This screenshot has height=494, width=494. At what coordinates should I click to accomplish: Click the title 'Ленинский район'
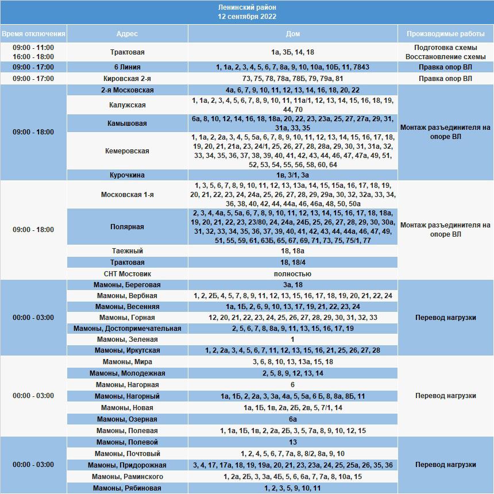point(247,7)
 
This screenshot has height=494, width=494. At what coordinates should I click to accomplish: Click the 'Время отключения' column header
point(33,34)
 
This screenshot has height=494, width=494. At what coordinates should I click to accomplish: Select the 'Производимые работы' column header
point(445,34)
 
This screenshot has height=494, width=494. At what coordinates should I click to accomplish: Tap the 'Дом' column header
point(292,34)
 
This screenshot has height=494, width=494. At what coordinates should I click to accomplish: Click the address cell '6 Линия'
point(127,67)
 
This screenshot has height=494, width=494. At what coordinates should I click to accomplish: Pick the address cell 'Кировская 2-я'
point(127,79)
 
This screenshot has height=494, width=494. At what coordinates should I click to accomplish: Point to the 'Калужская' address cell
point(127,105)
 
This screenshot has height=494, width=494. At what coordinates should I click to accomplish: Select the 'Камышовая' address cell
point(127,123)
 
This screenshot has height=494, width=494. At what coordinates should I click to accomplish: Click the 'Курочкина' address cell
point(127,175)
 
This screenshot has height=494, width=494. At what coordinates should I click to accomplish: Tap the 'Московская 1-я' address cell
point(127,195)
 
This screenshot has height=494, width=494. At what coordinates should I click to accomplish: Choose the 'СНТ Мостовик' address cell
point(127,274)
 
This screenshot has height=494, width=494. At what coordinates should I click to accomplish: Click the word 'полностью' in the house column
point(292,274)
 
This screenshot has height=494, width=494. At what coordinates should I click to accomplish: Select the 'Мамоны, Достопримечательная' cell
point(127,329)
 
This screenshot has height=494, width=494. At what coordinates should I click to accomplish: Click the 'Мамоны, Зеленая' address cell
point(127,339)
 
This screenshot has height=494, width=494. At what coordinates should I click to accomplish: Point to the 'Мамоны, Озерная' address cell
point(127,419)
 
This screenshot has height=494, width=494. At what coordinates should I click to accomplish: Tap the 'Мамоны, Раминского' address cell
point(127,477)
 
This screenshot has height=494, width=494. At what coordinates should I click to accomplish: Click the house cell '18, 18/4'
point(292,263)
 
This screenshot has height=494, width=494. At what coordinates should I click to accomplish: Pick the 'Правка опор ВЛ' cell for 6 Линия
point(445,67)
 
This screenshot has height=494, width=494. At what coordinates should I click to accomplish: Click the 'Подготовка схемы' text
point(445,48)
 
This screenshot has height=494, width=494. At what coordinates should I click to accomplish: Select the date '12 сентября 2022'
point(247,17)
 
